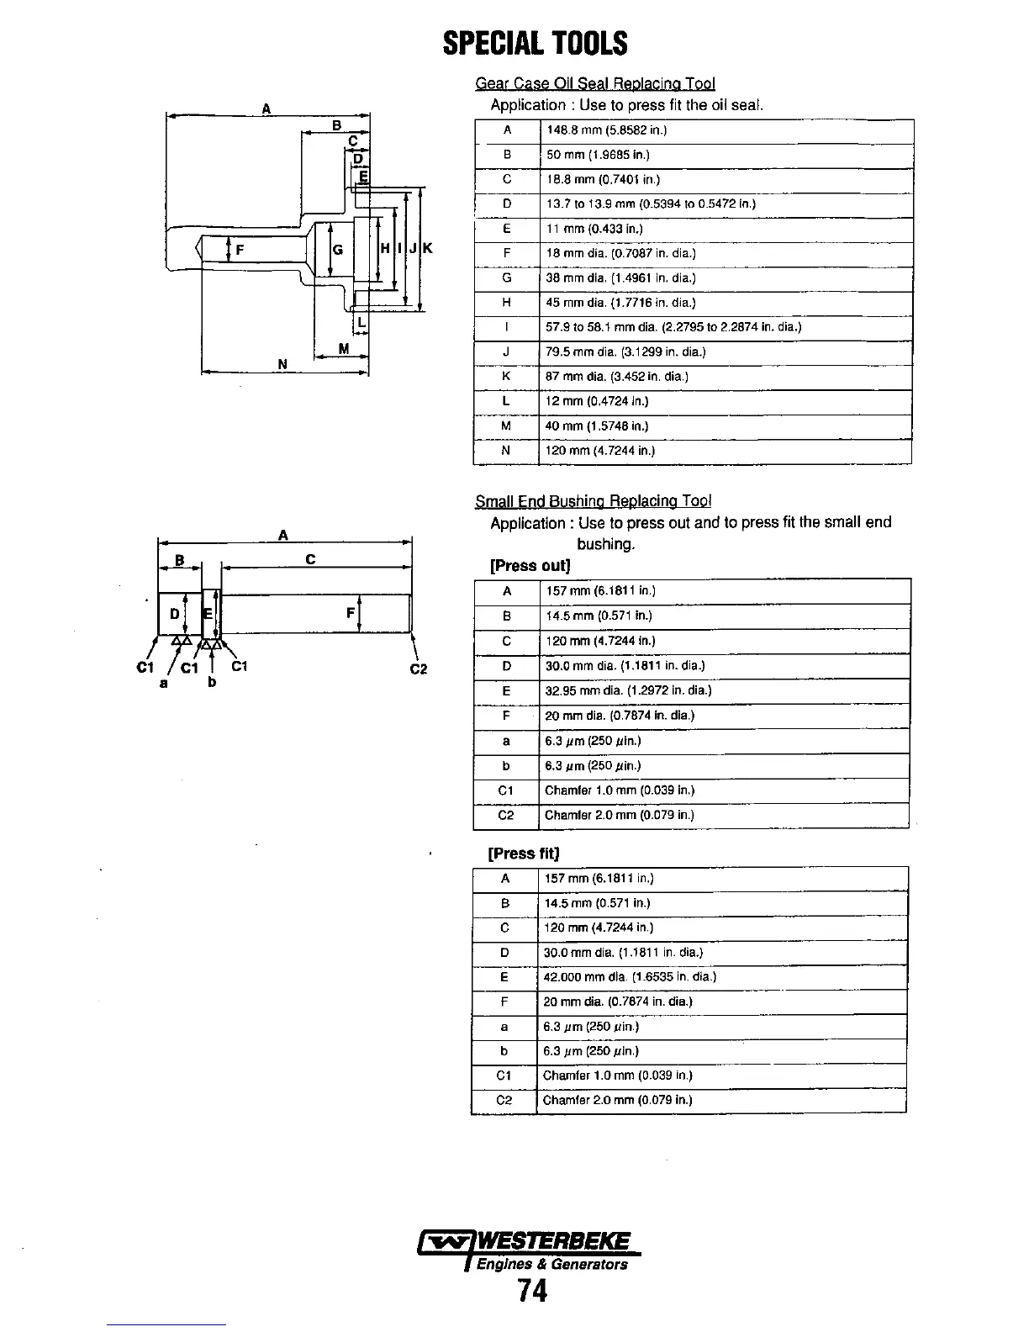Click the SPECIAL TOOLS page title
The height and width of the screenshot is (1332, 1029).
[535, 43]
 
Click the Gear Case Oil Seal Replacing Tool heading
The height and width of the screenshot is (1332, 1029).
[595, 83]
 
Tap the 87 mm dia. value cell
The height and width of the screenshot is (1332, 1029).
[616, 377]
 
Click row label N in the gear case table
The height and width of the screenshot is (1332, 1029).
[506, 451]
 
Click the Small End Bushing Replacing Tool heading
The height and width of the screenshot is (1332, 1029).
[593, 502]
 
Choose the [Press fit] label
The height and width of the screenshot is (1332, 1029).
[524, 854]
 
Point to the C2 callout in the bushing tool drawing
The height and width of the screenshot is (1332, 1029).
[419, 669]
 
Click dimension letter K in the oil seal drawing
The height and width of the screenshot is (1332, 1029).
[427, 248]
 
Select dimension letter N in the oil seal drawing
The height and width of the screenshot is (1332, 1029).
[282, 364]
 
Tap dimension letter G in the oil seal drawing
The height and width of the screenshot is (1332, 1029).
[338, 249]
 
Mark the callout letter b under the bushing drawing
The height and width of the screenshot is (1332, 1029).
[212, 682]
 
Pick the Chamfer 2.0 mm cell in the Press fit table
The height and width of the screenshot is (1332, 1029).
[618, 1100]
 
